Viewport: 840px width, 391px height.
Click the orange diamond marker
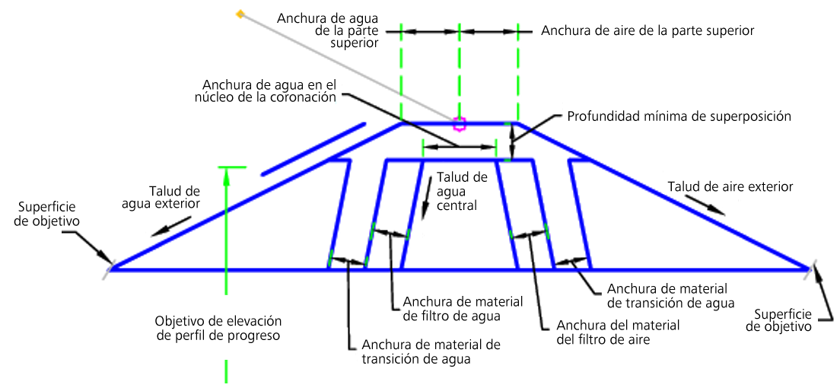tap(240, 14)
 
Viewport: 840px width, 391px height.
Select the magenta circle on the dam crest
tap(459, 124)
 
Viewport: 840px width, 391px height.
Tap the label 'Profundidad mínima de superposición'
tap(679, 116)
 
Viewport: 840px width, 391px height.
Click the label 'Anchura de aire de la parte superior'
tap(647, 30)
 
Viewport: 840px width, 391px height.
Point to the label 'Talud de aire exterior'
tap(730, 187)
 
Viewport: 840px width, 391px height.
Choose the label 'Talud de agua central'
tap(457, 191)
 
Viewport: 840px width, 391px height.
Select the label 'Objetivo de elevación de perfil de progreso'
tap(218, 329)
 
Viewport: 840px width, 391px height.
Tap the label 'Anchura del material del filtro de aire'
tap(604, 332)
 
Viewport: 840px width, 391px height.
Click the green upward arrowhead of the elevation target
tap(226, 173)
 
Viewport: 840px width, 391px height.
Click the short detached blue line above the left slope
tap(313, 149)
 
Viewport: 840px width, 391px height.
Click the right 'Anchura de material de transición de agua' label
tap(671, 295)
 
